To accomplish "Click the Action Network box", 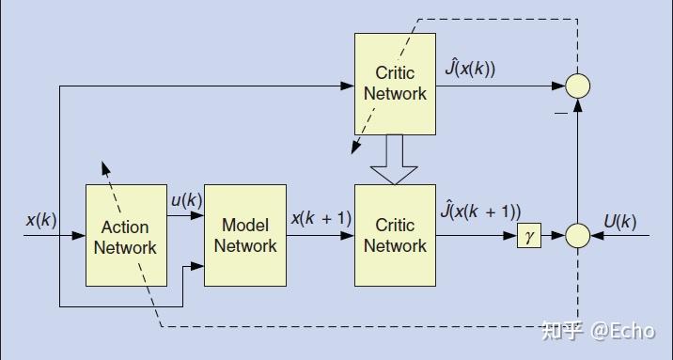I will coord(125,236).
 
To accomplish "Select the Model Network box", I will coord(244,235).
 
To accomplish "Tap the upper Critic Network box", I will coord(395,84).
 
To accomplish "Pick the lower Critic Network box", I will coord(395,235).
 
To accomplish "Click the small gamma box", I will coord(529,235).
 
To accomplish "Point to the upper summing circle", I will coord(578,86).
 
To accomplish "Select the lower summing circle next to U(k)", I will coord(578,235).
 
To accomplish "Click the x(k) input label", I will coord(41,220).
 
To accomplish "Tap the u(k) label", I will coord(186,200).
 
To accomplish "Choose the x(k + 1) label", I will coord(321,218).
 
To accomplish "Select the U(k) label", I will coord(620,222).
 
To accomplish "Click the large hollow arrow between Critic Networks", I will coord(395,160).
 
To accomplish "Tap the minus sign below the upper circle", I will coord(560,111).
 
